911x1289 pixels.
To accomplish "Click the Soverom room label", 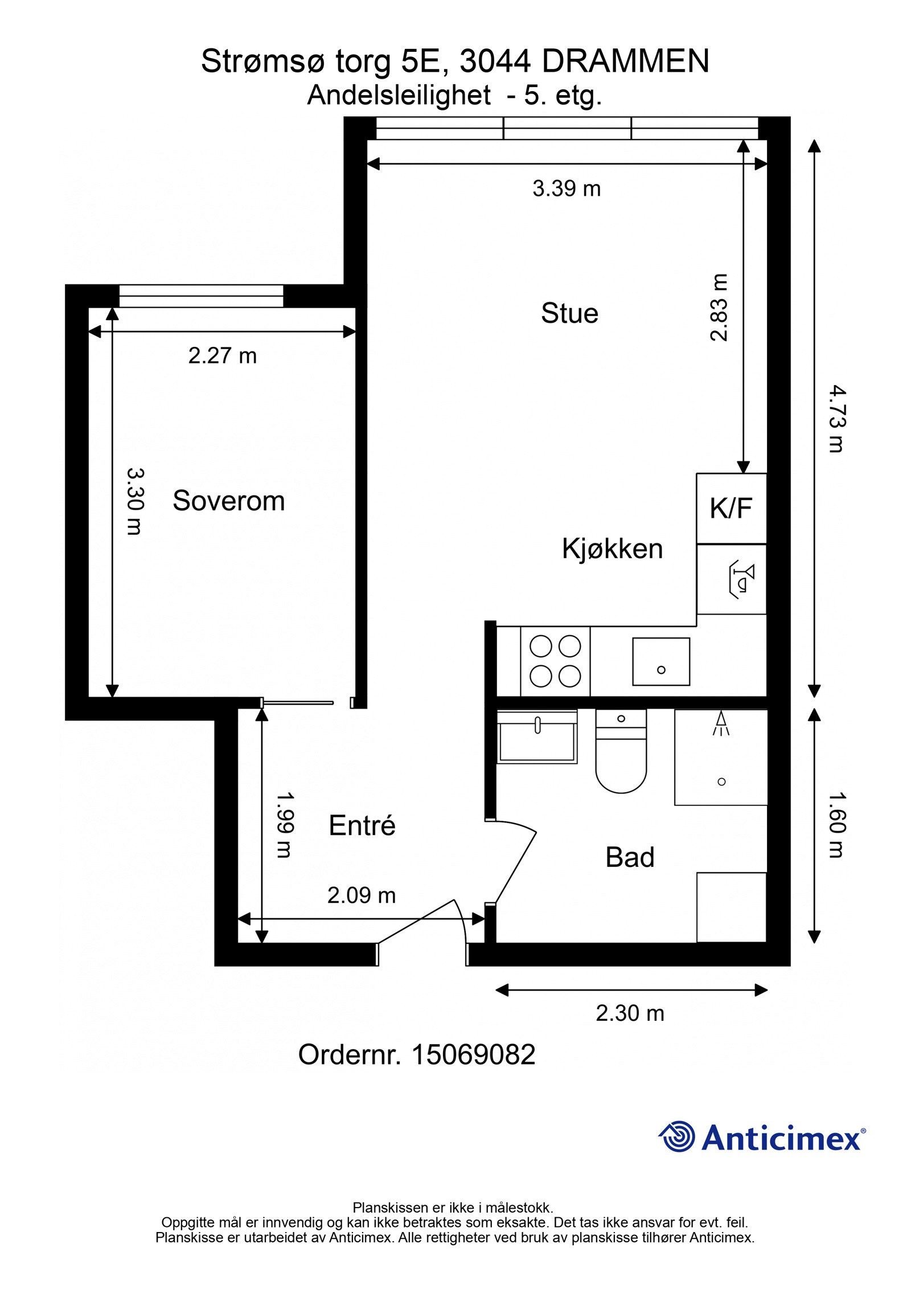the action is (x=228, y=501).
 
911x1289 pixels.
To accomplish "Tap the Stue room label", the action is (x=569, y=313).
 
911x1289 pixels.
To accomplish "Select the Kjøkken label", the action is (x=613, y=549).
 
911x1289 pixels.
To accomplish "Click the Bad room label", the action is (x=630, y=857).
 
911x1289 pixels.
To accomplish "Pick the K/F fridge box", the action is (x=732, y=508).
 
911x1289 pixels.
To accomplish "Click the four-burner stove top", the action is (x=555, y=661).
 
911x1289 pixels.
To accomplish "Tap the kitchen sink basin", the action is (x=661, y=661).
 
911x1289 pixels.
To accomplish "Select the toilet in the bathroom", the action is (x=621, y=750).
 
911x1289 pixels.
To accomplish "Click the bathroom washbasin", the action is (x=537, y=736).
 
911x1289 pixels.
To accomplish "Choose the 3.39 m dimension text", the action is (x=567, y=189).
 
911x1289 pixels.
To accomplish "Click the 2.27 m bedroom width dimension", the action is (x=223, y=356).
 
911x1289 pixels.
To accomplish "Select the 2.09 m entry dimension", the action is (x=362, y=895).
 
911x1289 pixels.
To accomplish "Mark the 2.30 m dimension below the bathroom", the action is (x=630, y=1013).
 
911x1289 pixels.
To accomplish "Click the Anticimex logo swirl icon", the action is (x=678, y=1137).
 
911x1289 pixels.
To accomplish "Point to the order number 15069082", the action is (x=473, y=1055).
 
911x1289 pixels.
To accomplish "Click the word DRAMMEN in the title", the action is (x=625, y=62).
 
